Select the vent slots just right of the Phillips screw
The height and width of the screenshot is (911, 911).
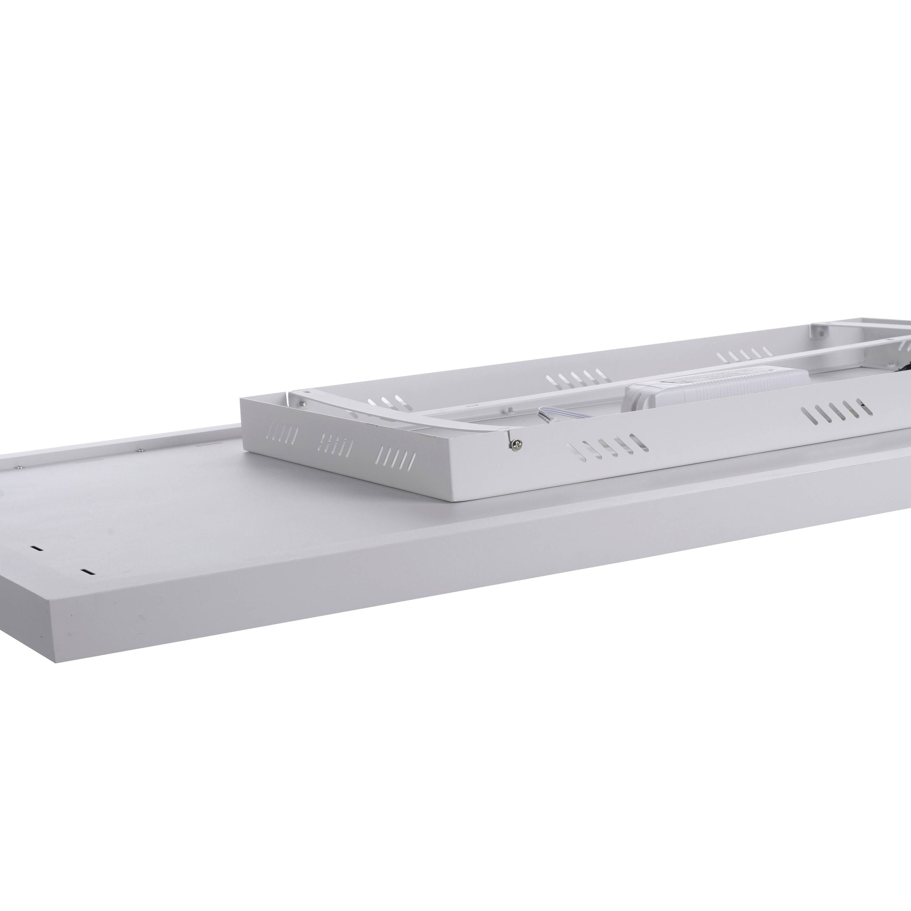[608, 447]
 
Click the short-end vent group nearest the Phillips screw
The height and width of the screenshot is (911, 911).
[396, 457]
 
